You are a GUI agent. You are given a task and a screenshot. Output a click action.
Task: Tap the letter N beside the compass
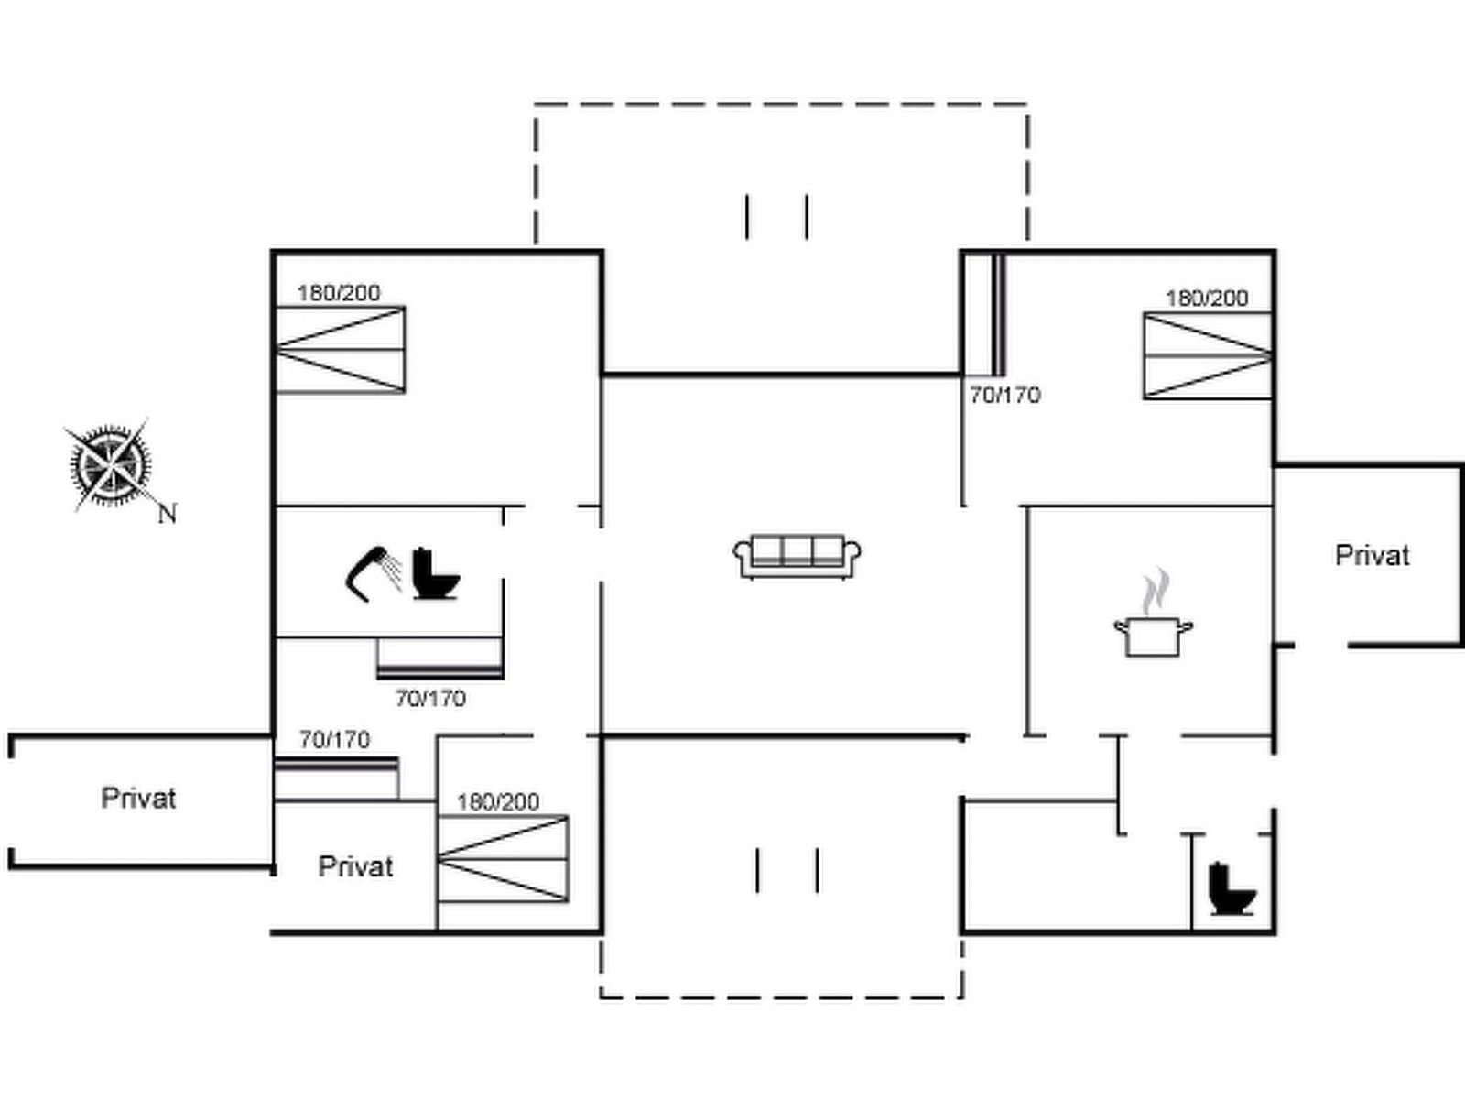(x=167, y=514)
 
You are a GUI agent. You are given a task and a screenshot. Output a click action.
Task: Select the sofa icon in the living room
(x=797, y=556)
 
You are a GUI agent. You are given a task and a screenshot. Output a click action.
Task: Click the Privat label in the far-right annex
(x=1372, y=555)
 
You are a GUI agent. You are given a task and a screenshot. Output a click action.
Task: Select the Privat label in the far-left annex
(x=138, y=798)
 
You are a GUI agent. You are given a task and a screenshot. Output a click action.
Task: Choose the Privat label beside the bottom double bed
(x=355, y=866)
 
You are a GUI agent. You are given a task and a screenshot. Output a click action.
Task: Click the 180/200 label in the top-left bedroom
(x=339, y=293)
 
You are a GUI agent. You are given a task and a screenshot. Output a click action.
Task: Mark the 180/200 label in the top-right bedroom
(x=1207, y=299)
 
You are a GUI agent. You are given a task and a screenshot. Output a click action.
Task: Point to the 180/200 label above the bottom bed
(x=498, y=802)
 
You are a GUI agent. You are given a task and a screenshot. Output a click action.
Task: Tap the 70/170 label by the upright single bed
(x=1005, y=395)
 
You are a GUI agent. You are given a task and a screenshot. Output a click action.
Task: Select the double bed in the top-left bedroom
(x=341, y=350)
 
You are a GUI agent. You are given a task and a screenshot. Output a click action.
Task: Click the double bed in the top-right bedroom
(x=1208, y=355)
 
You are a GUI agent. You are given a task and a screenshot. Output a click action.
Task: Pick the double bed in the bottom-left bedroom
(x=503, y=859)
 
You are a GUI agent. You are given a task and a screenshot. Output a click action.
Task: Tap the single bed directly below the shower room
(x=439, y=658)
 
